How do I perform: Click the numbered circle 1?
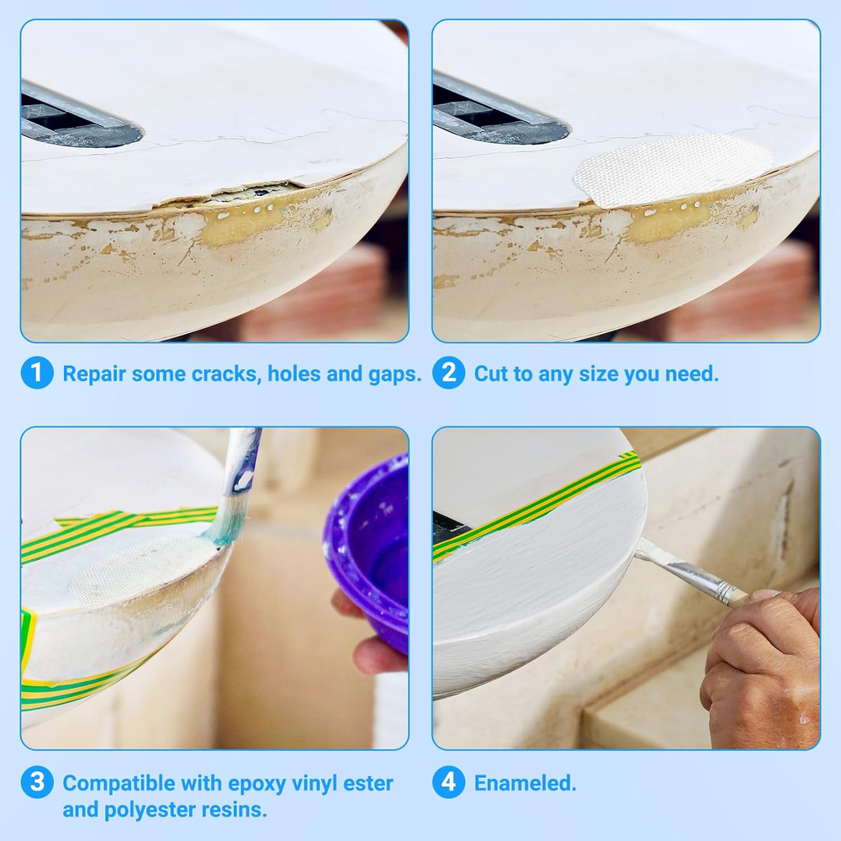click(37, 373)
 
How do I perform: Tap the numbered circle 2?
click(449, 373)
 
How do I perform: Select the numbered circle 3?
click(37, 782)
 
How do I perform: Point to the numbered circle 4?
click(449, 782)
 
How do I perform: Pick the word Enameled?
click(525, 783)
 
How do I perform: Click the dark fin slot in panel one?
click(81, 118)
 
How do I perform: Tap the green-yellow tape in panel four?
click(537, 507)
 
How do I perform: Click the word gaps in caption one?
click(394, 375)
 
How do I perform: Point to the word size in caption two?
click(596, 374)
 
